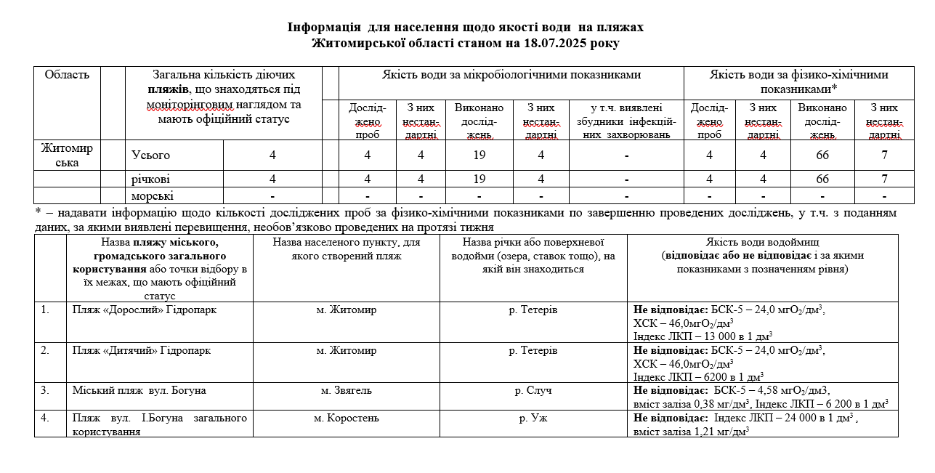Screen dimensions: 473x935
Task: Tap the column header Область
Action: [67, 75]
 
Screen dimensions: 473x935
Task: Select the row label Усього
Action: [150, 155]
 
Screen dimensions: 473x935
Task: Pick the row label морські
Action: [153, 196]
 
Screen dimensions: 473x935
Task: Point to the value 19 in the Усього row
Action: [479, 155]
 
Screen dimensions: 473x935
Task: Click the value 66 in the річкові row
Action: [822, 179]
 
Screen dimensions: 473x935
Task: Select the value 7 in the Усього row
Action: [884, 155]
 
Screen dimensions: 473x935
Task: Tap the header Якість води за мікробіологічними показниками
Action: [511, 75]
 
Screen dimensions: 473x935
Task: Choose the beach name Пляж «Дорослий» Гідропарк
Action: [144, 310]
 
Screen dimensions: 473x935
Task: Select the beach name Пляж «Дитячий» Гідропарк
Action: [142, 350]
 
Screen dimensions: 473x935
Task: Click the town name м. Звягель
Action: [346, 390]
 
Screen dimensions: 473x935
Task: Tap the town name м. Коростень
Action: [346, 418]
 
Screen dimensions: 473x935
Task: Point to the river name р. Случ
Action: [533, 390]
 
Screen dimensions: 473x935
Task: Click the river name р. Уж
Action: [533, 418]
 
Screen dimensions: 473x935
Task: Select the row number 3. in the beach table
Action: [45, 390]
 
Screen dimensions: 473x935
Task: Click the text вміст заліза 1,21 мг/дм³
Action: [691, 431]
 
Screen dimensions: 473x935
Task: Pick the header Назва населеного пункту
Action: [346, 249]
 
